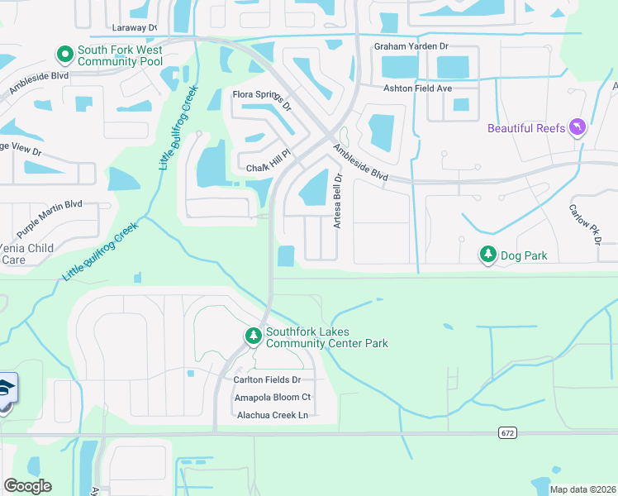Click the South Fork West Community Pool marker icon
[64, 55]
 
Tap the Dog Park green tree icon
[487, 255]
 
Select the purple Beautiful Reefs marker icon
[578, 127]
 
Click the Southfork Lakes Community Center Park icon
[253, 336]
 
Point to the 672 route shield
[508, 432]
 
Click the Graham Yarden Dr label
[411, 47]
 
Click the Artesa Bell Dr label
[337, 199]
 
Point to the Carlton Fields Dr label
[267, 379]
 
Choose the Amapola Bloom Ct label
[272, 398]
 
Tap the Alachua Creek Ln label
[272, 415]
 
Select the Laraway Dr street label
[128, 27]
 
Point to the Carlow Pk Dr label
[582, 217]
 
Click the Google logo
[27, 486]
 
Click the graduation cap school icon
[5, 389]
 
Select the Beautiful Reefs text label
[526, 128]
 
